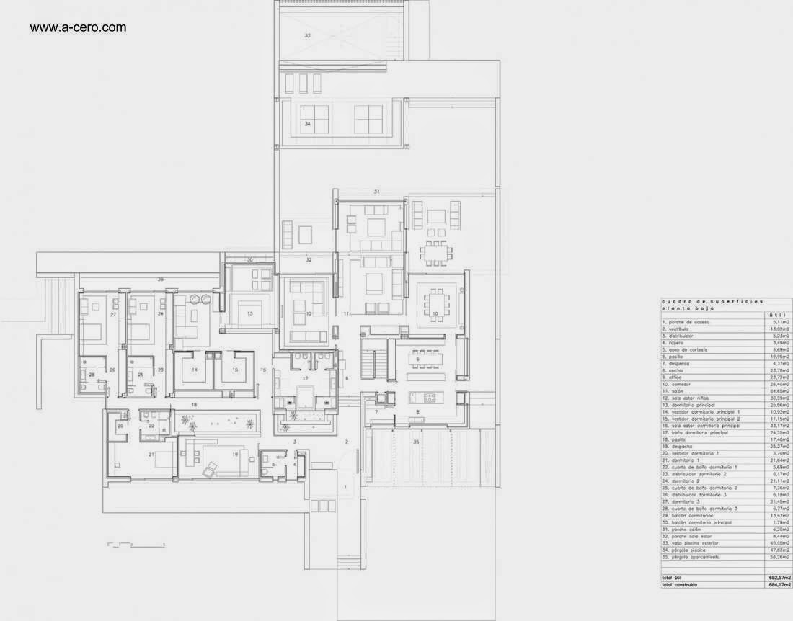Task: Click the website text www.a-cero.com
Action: [x=78, y=28]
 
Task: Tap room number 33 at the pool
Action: [x=307, y=35]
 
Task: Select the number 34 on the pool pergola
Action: [x=307, y=124]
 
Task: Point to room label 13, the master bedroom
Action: [x=249, y=314]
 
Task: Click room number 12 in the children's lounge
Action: [x=308, y=314]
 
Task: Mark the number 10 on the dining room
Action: [x=435, y=313]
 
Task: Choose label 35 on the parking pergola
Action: [x=415, y=441]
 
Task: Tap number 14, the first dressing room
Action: [x=194, y=370]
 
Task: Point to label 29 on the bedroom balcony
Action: [x=161, y=279]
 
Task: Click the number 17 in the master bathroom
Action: [x=305, y=377]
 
